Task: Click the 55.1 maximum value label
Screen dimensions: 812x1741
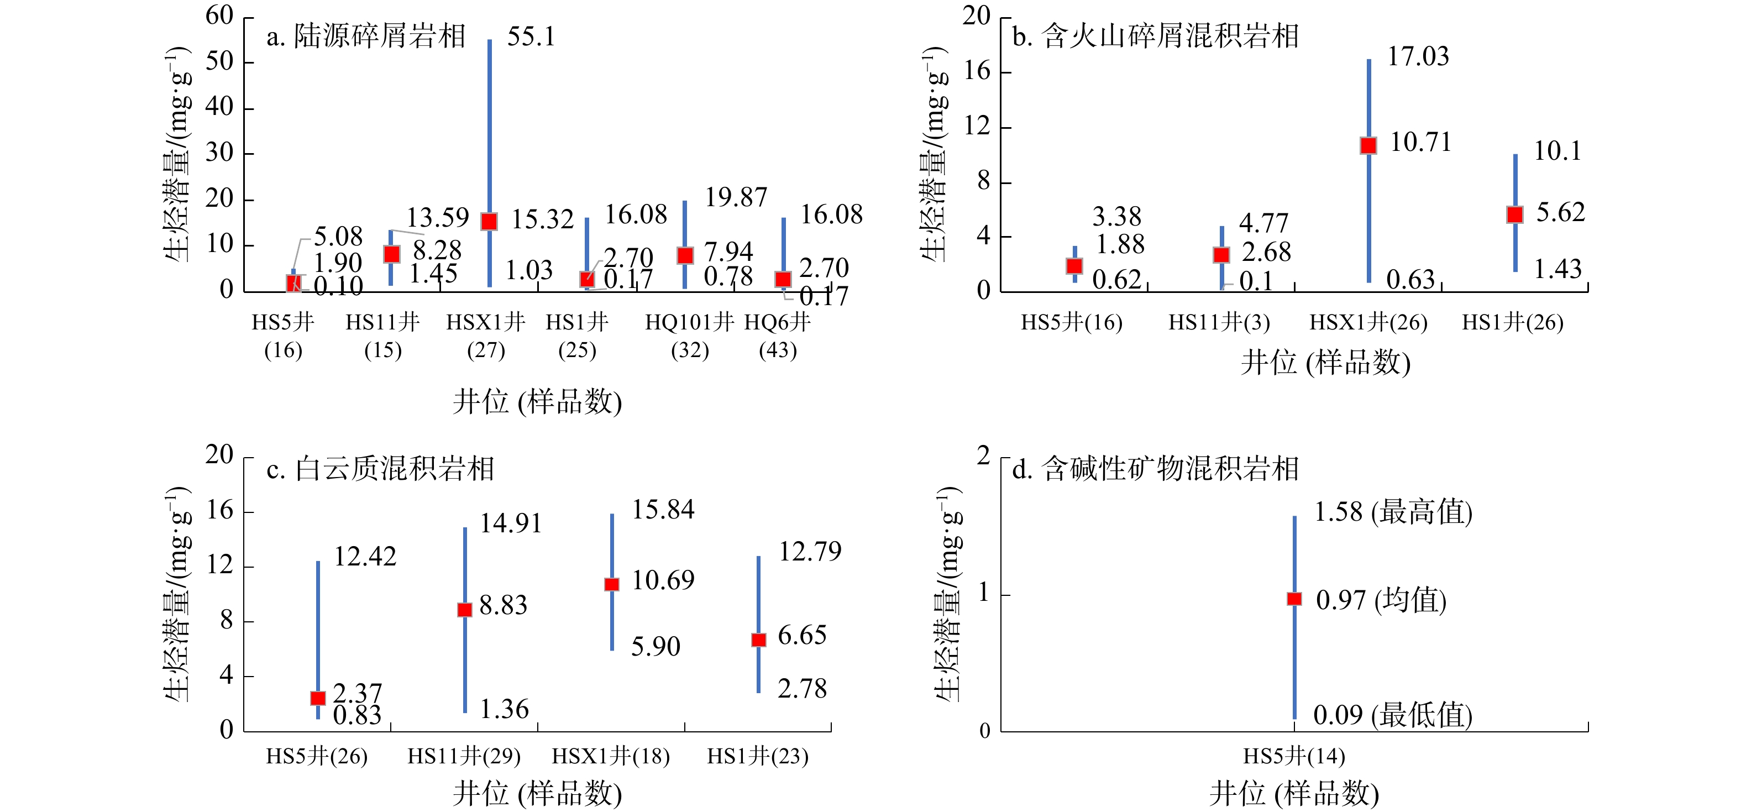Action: click(531, 36)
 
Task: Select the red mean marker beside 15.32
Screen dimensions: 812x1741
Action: click(489, 221)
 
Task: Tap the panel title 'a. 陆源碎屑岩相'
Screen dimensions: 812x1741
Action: click(366, 36)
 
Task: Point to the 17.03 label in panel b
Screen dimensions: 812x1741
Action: click(1418, 57)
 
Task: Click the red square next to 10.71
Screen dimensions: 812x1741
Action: click(1368, 145)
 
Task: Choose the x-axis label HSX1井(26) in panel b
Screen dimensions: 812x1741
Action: click(1368, 322)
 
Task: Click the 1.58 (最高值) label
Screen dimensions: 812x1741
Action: click(1393, 512)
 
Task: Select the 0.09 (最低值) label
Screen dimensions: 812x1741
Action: click(1392, 715)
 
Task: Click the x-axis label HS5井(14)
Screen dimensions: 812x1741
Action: click(1294, 756)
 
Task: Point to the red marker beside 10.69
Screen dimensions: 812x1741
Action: click(612, 584)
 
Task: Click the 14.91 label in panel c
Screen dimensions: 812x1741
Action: click(511, 523)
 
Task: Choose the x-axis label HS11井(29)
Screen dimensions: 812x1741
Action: click(464, 756)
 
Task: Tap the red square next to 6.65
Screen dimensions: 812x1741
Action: click(758, 640)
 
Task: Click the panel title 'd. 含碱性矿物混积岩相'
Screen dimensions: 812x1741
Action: click(1155, 469)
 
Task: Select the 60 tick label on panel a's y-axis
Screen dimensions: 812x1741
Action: click(219, 15)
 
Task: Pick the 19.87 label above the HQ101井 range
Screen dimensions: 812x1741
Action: click(736, 197)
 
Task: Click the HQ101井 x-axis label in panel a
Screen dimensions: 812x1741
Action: click(689, 322)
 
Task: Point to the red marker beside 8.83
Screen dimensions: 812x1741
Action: click(464, 609)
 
